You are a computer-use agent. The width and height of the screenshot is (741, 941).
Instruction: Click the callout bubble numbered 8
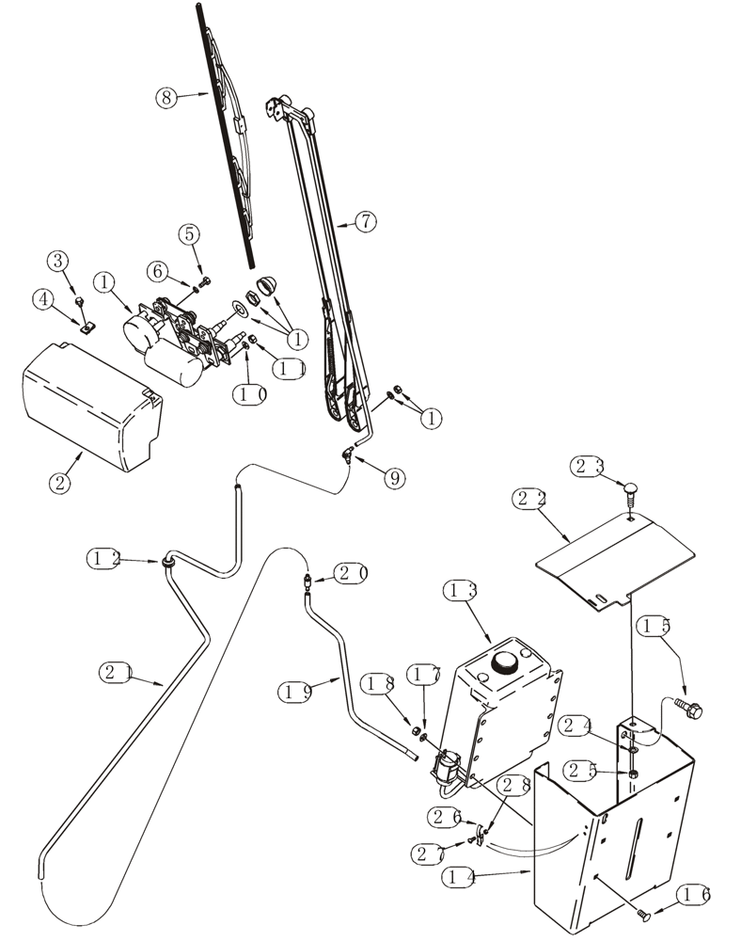166,96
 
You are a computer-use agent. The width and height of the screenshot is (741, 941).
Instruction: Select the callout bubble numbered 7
365,222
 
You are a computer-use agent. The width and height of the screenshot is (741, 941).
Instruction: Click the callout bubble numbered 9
394,478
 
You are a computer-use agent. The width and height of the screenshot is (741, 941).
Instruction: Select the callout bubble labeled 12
104,558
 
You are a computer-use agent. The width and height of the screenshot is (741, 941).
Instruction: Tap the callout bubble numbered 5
190,232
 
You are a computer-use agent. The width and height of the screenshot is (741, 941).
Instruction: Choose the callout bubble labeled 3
58,260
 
